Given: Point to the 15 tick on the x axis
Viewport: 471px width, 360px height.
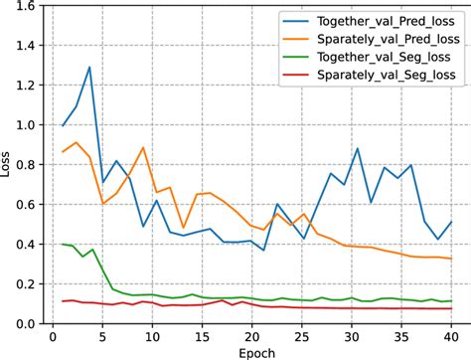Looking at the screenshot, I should coord(202,336).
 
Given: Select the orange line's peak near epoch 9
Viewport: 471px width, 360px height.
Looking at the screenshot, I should coord(143,148).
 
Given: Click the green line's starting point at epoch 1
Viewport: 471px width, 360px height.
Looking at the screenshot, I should coord(65,244).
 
